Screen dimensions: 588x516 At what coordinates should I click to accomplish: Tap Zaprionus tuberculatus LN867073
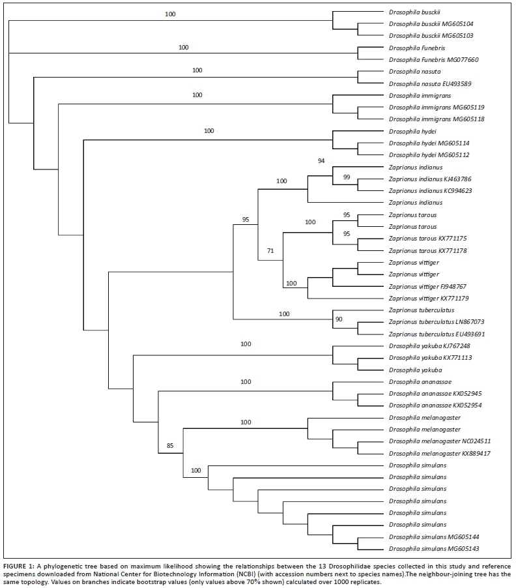[436, 322]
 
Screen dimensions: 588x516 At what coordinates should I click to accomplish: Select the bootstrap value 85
[171, 447]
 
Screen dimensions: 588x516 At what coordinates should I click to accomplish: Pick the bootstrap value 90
[339, 320]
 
